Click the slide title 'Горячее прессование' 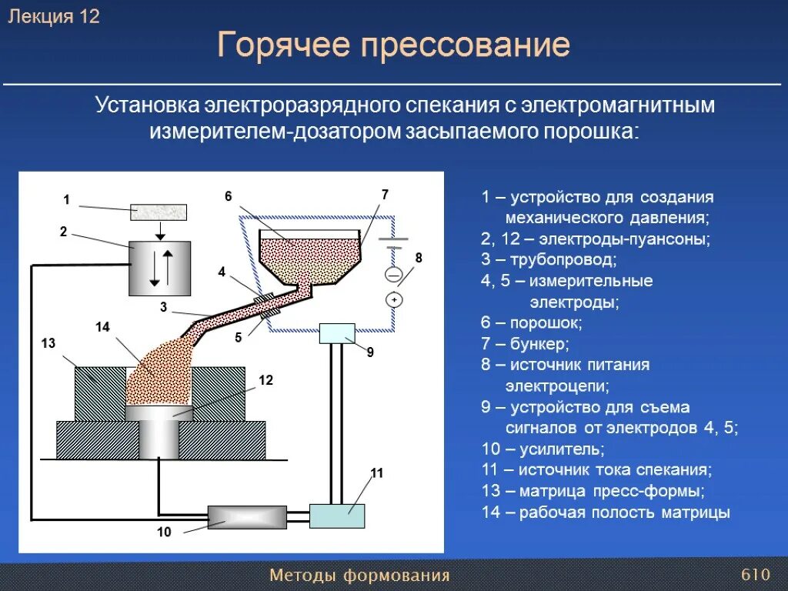pos(393,45)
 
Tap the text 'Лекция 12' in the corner pos(54,17)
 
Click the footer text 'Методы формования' pos(359,576)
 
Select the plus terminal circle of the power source pos(394,299)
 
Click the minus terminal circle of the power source pos(394,274)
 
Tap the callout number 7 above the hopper pos(385,195)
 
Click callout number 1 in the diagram pos(67,200)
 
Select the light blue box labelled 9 pos(336,333)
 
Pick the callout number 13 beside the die pos(48,343)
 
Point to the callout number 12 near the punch pos(265,380)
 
